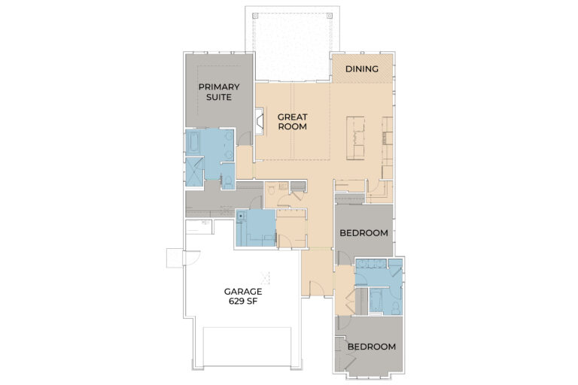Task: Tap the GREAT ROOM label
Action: (x=292, y=121)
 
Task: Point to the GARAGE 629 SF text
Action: (x=242, y=296)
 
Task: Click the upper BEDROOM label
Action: (x=364, y=233)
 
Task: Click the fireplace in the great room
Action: (x=259, y=121)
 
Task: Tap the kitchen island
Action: (x=355, y=138)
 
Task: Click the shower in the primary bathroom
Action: (x=194, y=171)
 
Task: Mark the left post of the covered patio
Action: (x=254, y=15)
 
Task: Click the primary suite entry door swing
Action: (x=243, y=137)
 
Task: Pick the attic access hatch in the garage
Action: (x=263, y=276)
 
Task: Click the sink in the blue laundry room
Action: (x=242, y=215)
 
